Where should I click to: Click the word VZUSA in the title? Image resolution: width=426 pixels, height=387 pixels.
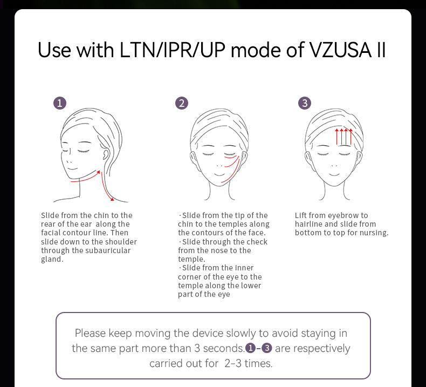(341, 50)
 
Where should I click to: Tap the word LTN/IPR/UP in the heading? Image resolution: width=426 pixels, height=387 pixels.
(173, 50)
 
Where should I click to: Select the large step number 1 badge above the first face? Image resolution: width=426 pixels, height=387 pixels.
(60, 103)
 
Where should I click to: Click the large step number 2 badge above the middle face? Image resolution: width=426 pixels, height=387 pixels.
(182, 103)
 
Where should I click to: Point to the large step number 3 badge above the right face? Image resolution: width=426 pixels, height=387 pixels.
(305, 103)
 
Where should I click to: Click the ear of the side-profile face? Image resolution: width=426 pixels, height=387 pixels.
(106, 154)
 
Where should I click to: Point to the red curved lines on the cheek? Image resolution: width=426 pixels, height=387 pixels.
(231, 168)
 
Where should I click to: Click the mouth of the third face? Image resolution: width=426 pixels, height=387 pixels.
(334, 174)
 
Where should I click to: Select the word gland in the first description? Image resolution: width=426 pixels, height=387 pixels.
(51, 260)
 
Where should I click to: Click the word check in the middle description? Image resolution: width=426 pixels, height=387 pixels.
(257, 242)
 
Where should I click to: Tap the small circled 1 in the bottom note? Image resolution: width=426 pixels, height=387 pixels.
(250, 348)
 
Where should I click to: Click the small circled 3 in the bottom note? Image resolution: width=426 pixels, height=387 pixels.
(267, 348)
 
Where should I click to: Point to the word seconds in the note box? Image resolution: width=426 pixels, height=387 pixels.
(224, 348)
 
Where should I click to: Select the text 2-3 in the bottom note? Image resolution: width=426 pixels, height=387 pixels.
(233, 363)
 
